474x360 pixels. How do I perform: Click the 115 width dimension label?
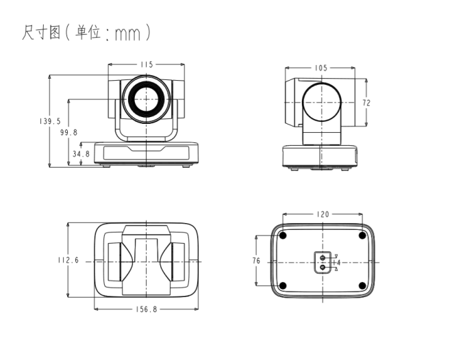click(x=147, y=64)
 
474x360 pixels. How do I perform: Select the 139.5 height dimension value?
click(x=50, y=121)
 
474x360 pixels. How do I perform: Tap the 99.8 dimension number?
click(x=68, y=132)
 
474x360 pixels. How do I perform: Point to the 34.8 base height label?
click(x=81, y=154)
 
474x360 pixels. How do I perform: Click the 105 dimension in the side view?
click(x=321, y=68)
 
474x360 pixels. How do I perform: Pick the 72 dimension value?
click(x=366, y=103)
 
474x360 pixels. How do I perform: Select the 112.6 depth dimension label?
click(x=68, y=260)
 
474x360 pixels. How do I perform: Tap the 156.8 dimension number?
click(x=146, y=309)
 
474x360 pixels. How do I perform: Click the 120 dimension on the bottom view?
click(x=322, y=214)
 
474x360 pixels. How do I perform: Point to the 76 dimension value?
click(x=256, y=261)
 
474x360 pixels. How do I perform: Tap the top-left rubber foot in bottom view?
click(x=282, y=236)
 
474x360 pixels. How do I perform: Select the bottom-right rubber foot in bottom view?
click(x=362, y=285)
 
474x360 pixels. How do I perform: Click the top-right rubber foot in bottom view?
click(x=362, y=236)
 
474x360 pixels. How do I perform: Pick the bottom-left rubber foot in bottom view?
click(x=282, y=285)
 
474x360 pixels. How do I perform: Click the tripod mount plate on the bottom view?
click(x=322, y=261)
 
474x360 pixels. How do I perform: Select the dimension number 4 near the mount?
click(x=338, y=262)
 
